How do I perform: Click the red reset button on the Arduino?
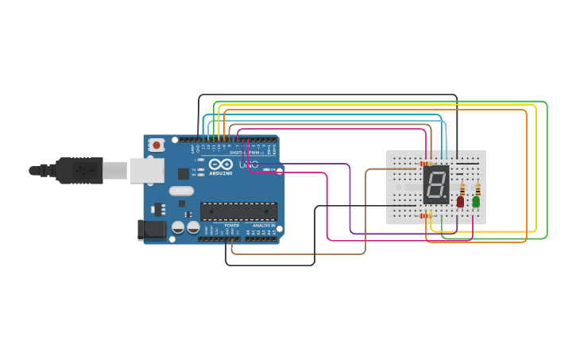pyautogui.click(x=157, y=145)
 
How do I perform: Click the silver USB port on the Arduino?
pyautogui.click(x=147, y=170)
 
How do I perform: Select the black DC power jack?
pyautogui.click(x=152, y=230)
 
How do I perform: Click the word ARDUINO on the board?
pyautogui.click(x=221, y=172)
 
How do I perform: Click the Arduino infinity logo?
pyautogui.click(x=220, y=164)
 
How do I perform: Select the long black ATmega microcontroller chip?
pyautogui.click(x=238, y=211)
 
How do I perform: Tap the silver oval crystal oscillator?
pyautogui.click(x=181, y=190)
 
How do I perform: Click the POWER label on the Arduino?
pyautogui.click(x=231, y=226)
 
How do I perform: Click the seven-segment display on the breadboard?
pyautogui.click(x=435, y=184)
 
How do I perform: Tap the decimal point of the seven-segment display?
pyautogui.click(x=445, y=197)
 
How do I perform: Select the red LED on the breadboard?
pyautogui.click(x=460, y=202)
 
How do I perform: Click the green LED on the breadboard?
pyautogui.click(x=476, y=202)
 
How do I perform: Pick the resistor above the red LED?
pyautogui.click(x=462, y=189)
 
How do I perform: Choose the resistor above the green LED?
pyautogui.click(x=477, y=189)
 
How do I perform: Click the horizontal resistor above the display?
pyautogui.click(x=425, y=164)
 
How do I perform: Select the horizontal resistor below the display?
pyautogui.click(x=425, y=215)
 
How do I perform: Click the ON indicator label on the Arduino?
pyautogui.click(x=272, y=169)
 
